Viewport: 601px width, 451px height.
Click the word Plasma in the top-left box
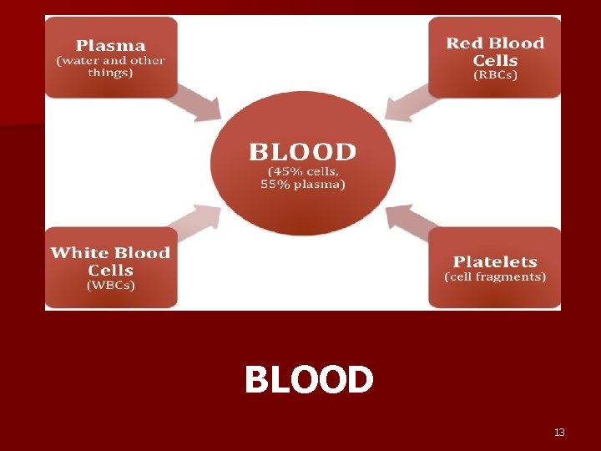click(x=111, y=46)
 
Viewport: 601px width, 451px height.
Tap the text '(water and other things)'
click(x=111, y=66)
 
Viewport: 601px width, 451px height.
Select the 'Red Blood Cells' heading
click(x=495, y=52)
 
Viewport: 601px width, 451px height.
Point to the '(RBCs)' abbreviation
click(x=495, y=75)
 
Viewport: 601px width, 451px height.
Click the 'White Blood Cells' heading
click(x=110, y=261)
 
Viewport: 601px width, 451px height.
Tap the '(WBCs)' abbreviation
click(x=111, y=286)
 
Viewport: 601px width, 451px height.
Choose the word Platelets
click(x=495, y=261)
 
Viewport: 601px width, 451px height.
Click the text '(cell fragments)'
click(x=495, y=276)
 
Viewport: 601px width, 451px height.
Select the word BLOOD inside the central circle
click(x=302, y=153)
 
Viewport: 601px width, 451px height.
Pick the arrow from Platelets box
click(x=407, y=220)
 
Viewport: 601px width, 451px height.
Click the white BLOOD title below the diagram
click(x=309, y=381)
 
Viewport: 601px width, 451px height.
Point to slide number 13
click(x=559, y=432)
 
